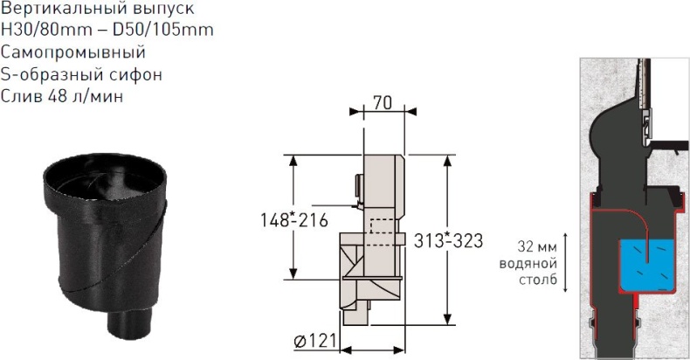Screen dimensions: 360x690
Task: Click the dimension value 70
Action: pos(381,101)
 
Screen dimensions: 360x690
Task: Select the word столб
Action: pos(538,280)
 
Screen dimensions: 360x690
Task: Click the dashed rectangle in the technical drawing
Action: pos(381,226)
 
